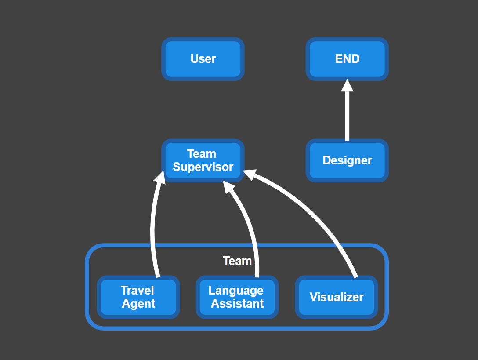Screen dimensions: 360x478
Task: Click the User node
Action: pos(203,59)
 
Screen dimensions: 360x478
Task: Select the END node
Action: pos(347,59)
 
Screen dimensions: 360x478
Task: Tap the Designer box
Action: pos(347,160)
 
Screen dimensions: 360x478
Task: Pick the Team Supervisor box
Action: pos(203,160)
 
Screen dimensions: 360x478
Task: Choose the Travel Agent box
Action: pos(138,297)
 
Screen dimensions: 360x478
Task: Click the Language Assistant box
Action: pos(237,297)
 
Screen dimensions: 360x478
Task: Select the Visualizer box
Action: pos(337,297)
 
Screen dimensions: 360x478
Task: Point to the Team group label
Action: pos(237,261)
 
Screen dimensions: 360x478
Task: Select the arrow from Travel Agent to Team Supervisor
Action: pos(153,229)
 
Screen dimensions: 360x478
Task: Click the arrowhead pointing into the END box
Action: pos(347,86)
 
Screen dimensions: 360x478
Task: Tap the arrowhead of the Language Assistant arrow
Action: pos(229,187)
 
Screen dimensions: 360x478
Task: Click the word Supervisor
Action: pos(203,167)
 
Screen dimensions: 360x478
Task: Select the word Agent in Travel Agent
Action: pos(138,304)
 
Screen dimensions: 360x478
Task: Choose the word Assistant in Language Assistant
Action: pos(237,304)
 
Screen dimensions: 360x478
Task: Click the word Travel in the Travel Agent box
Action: pos(138,291)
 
